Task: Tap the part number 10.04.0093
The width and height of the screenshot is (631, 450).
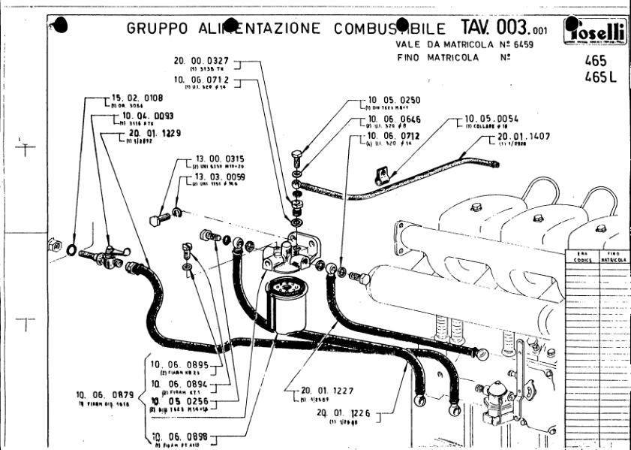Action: (x=149, y=116)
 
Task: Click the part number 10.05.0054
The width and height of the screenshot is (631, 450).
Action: (x=491, y=118)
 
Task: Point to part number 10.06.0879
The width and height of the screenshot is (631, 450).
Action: (x=104, y=395)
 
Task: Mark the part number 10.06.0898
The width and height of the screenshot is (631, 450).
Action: (x=180, y=436)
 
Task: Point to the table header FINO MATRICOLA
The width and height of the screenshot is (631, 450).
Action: (x=617, y=256)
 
